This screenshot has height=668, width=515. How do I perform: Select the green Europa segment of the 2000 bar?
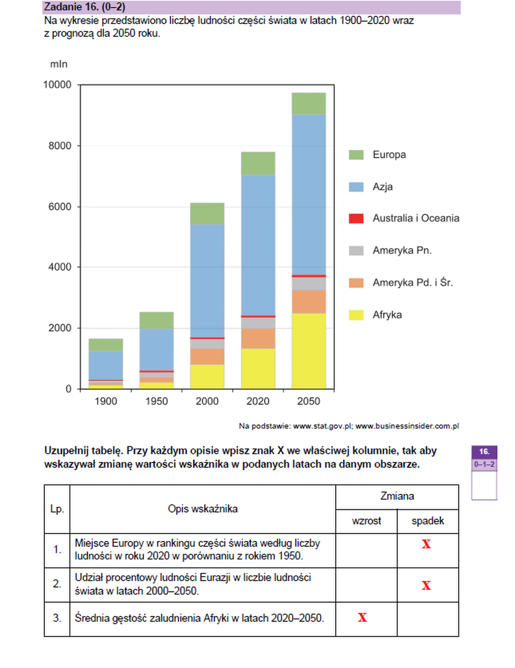tap(207, 213)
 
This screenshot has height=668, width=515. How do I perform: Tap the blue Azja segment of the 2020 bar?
tap(258, 245)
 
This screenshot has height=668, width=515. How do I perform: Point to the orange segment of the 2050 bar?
tap(308, 302)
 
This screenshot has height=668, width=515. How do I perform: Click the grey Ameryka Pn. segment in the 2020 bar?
tap(258, 323)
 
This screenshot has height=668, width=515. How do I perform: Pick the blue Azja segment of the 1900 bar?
tap(106, 365)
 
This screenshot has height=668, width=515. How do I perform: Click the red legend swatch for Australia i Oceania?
tap(356, 218)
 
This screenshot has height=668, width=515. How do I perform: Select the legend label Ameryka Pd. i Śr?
tap(412, 283)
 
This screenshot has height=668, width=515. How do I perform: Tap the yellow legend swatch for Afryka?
tap(356, 315)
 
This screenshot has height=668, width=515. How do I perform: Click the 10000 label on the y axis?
tap(57, 85)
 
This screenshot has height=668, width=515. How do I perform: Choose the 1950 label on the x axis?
tap(156, 401)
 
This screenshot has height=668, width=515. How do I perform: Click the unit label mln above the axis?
tap(58, 64)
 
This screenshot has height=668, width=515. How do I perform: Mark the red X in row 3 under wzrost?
tap(362, 618)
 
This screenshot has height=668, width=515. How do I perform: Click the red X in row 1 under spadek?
tap(426, 544)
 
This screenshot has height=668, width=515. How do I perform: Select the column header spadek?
tap(428, 521)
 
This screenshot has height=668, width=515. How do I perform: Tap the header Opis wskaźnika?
tap(203, 509)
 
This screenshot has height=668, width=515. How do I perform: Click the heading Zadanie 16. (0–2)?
tap(85, 7)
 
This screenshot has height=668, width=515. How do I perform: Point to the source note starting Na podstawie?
tap(349, 426)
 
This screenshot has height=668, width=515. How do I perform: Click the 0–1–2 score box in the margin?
tap(484, 464)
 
